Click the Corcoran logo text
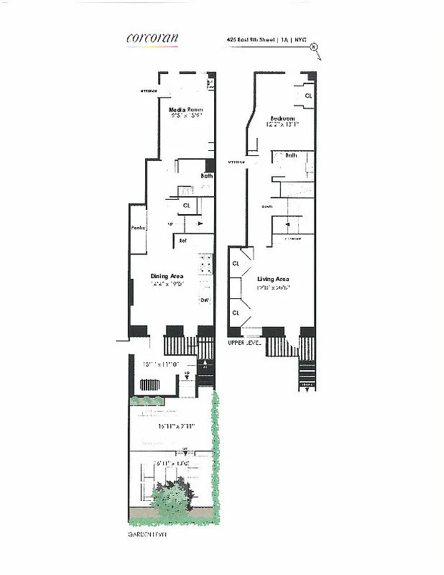152,39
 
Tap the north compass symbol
314,48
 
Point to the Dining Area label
168,276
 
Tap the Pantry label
139,228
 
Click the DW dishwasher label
204,300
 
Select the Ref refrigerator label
183,240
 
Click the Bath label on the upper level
291,155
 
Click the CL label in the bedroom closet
308,96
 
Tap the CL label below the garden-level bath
187,205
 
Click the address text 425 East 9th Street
251,40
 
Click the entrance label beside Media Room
149,91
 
